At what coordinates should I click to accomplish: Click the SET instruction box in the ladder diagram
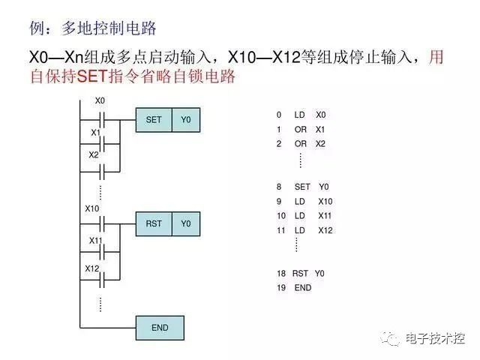(154, 120)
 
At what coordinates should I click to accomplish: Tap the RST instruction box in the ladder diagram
(154, 223)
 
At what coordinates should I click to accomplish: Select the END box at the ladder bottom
(160, 328)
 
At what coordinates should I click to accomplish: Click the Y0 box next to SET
(186, 120)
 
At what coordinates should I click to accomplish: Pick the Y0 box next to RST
(186, 223)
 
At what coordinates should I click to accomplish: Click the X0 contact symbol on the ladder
(102, 120)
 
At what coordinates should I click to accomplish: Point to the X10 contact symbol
(102, 223)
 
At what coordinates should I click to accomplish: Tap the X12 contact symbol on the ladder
(102, 280)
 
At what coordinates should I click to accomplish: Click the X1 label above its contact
(96, 133)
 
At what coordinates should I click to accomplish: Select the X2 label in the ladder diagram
(94, 155)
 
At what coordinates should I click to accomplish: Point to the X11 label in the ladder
(95, 241)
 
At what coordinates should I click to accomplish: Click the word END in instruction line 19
(303, 288)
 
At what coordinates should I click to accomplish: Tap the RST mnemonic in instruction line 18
(300, 273)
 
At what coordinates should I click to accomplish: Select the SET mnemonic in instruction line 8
(302, 187)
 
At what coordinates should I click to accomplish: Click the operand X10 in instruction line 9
(325, 202)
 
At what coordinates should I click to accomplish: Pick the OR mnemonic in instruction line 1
(301, 130)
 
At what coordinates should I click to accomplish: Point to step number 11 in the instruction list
(281, 230)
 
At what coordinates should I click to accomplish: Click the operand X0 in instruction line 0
(321, 115)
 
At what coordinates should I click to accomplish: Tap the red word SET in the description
(92, 76)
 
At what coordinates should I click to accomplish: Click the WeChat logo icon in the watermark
(390, 338)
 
